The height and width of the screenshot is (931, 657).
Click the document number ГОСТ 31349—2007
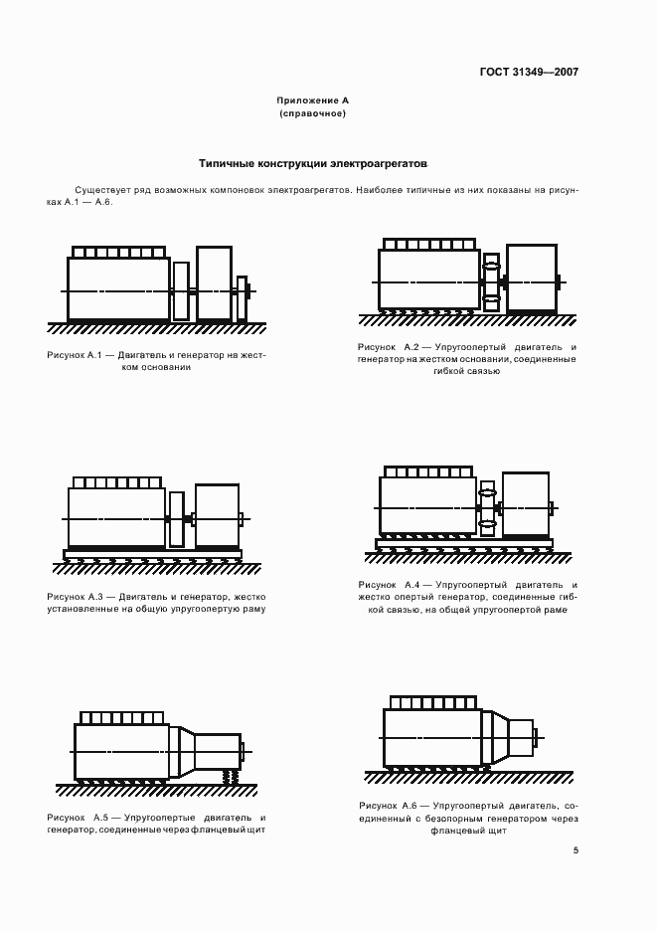click(x=529, y=72)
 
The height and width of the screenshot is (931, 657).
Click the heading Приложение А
click(x=312, y=100)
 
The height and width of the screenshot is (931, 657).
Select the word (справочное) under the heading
click(x=312, y=113)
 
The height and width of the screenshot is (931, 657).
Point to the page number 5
click(x=575, y=850)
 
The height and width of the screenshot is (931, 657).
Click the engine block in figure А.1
click(x=118, y=288)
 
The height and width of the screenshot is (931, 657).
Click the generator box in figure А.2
click(x=531, y=279)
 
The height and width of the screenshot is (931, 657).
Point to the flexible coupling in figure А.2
click(x=491, y=281)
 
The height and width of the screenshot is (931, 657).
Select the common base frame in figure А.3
click(x=152, y=553)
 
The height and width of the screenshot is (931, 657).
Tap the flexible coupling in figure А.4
click(x=487, y=507)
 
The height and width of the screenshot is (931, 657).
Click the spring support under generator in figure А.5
click(x=231, y=776)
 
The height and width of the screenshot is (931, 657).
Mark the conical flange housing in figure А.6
click(x=494, y=738)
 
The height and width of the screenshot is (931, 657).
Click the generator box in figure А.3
click(x=217, y=515)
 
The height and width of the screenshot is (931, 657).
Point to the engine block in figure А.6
click(x=431, y=737)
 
